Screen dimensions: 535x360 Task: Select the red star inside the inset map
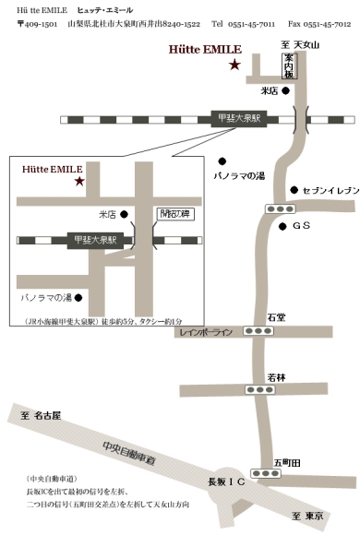click(x=79, y=181)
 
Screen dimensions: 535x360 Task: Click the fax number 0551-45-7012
click(x=327, y=23)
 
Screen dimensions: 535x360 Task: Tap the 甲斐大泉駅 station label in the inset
click(x=97, y=241)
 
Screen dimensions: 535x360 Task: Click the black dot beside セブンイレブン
click(x=294, y=190)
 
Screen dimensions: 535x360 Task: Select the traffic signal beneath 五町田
click(x=268, y=474)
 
